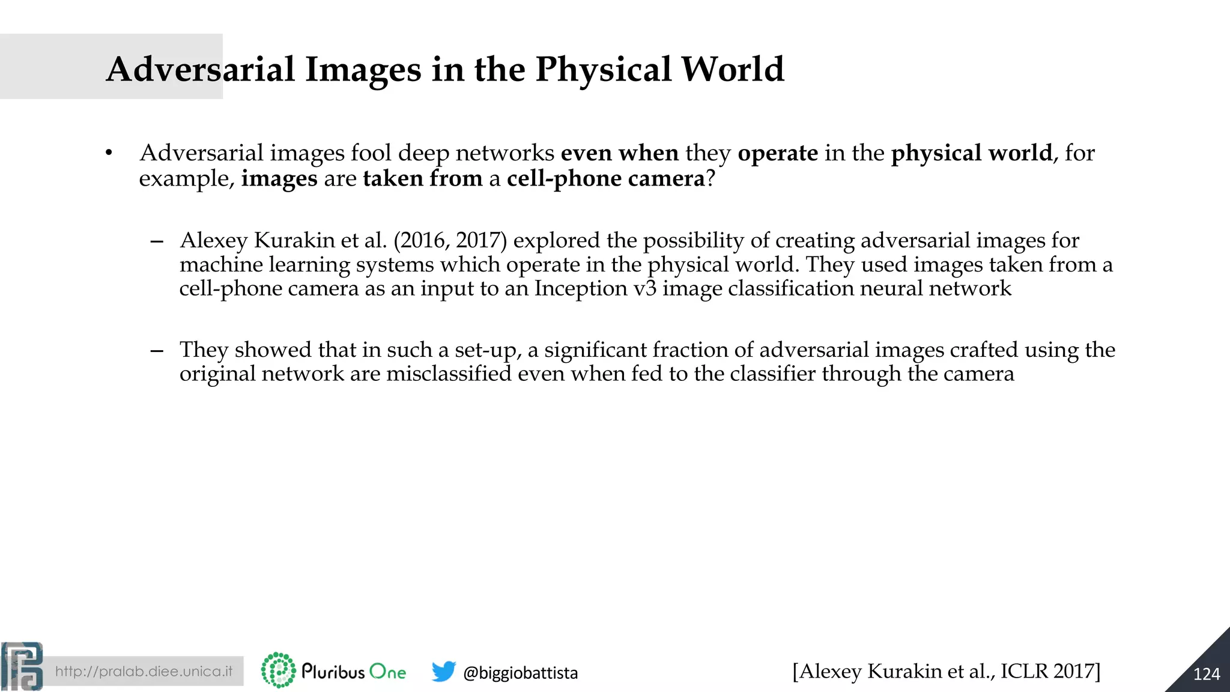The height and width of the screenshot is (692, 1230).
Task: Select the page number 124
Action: tap(1206, 674)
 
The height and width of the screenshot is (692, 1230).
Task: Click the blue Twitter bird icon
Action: tap(443, 672)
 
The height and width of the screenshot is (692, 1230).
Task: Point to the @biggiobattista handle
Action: tap(520, 673)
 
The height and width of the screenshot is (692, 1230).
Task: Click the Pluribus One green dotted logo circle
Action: tap(278, 670)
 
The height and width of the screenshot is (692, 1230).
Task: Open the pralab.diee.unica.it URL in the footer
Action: tap(144, 671)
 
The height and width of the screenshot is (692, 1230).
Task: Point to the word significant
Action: tap(595, 350)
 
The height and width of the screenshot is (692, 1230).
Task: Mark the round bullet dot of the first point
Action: tap(109, 154)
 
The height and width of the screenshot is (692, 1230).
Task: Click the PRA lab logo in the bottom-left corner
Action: tap(22, 666)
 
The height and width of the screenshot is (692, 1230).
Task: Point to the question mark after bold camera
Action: tap(710, 178)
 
